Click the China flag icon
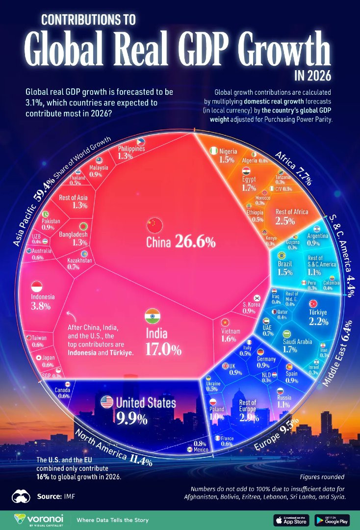pos(154,226)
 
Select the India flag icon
pos(153,317)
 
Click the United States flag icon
pos(106,402)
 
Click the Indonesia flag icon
pos(37,286)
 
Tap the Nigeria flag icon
pos(214,151)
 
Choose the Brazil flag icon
pos(282,255)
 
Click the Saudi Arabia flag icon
pos(287,334)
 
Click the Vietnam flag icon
pos(226,322)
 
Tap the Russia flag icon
pos(281,391)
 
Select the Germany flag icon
pos(260,351)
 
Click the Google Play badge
pos(332,519)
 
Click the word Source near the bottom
pos(50,496)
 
